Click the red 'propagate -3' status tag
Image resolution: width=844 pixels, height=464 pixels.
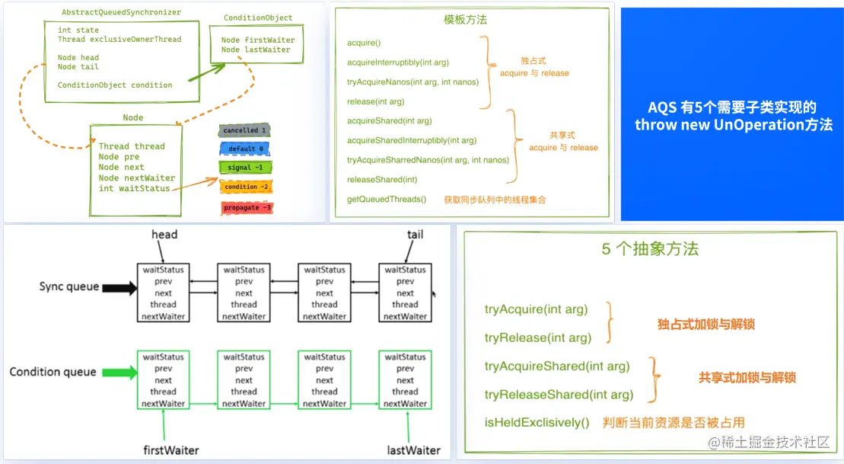(x=247, y=207)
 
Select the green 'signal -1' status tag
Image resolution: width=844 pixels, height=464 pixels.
(x=245, y=168)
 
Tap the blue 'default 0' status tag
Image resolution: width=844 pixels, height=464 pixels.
(x=245, y=149)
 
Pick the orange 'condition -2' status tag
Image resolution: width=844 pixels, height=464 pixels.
(x=247, y=187)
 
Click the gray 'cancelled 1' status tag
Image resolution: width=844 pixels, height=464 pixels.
(x=244, y=130)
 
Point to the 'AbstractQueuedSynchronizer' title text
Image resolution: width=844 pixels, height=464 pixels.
(x=121, y=13)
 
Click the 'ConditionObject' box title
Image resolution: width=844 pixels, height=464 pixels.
(x=258, y=18)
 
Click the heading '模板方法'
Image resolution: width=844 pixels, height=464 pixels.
(x=465, y=20)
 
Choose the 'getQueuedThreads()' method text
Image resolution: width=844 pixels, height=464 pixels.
(x=387, y=200)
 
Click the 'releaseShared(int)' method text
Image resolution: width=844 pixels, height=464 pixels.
(x=382, y=180)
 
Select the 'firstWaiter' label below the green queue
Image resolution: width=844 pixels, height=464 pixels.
(x=171, y=450)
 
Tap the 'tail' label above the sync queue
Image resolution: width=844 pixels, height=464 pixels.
(x=415, y=235)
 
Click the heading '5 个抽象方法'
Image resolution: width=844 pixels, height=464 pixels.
(x=650, y=249)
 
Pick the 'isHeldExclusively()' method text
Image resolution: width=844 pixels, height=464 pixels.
(x=537, y=422)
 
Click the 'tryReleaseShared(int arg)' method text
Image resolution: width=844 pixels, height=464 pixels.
(x=559, y=395)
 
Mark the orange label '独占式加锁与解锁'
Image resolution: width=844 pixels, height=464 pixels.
(x=706, y=325)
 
